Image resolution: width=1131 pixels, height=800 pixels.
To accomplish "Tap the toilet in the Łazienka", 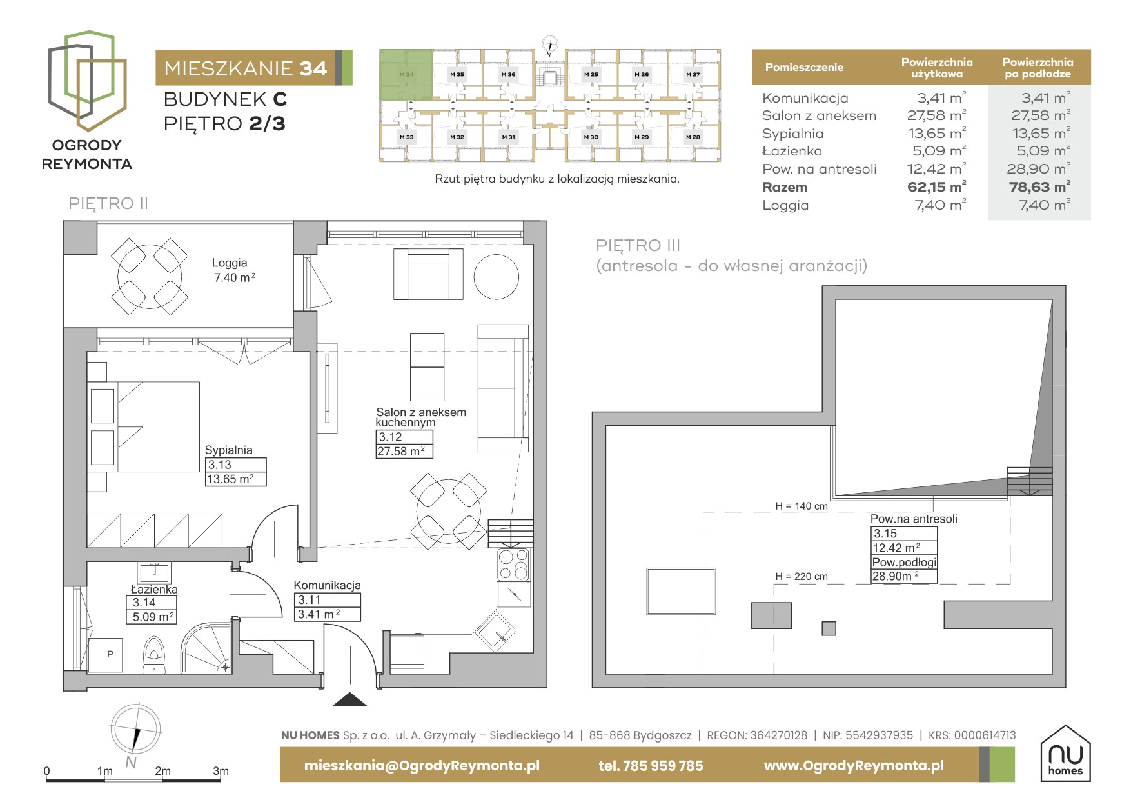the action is coord(153,655).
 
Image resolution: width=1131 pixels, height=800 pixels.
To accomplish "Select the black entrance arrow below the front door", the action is coord(349,699).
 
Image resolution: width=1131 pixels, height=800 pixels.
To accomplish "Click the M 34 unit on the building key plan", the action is coord(406,74).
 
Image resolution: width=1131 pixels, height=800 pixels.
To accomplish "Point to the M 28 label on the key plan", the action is coord(693,137).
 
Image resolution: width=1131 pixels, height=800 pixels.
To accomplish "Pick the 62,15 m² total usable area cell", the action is coord(936,187).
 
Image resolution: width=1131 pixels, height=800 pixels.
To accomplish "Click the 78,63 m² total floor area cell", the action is coord(1039,187).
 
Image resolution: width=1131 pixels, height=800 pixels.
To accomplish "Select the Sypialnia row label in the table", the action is coord(792,134).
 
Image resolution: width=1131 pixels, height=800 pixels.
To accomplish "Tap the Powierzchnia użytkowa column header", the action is coord(937,68).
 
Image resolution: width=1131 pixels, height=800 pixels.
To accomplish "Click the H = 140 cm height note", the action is coord(802,506).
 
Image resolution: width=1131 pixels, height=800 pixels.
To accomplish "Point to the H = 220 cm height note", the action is coord(802,577).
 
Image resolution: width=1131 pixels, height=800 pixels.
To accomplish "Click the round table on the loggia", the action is coord(150,276).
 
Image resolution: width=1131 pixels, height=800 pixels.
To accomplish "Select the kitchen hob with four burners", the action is coord(514,565).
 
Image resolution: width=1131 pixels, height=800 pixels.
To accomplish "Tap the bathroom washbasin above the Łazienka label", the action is coord(153,572).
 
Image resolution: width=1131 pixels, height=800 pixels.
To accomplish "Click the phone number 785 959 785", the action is coord(651,766).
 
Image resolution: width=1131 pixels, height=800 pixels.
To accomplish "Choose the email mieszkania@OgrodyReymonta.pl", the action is coord(422,766).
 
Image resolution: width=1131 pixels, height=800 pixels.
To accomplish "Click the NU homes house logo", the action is coord(1065,754).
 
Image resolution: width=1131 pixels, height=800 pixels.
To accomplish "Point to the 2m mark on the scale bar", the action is coord(162,771).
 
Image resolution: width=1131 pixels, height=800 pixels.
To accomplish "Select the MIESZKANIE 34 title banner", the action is coord(254,68).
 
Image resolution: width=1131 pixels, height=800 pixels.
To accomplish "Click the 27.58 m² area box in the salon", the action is coord(404,452).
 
